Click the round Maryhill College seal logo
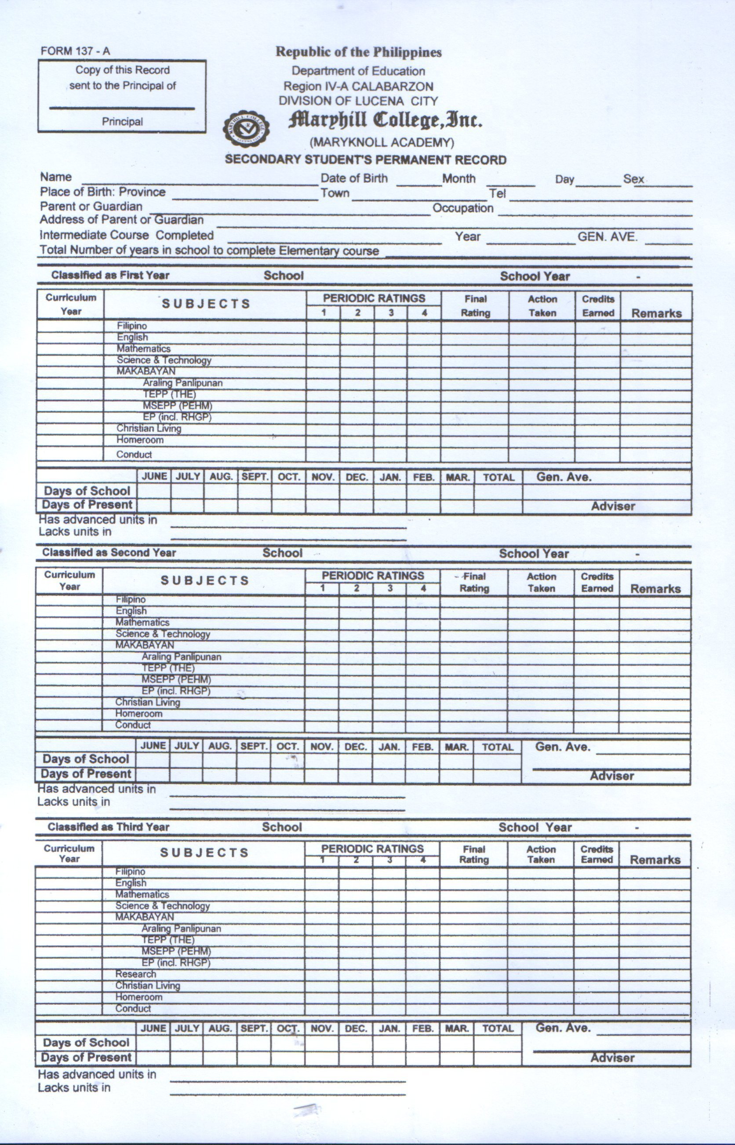coord(246,128)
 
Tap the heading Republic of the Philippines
coord(358,52)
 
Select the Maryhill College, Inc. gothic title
coord(385,121)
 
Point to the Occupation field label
coord(462,208)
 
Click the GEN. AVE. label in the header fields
coord(607,236)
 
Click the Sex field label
coord(633,179)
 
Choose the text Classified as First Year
coord(110,275)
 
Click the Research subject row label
coord(135,974)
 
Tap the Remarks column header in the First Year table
coord(656,313)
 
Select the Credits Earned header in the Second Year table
coord(597,582)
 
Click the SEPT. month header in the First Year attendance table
coord(255,476)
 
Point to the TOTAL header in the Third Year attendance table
coord(497,1029)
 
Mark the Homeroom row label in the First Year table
coord(140,440)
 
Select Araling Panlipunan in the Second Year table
coord(182,657)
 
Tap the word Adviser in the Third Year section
coord(612,1058)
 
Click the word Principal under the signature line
coord(122,122)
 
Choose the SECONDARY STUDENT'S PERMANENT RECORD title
coord(366,160)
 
